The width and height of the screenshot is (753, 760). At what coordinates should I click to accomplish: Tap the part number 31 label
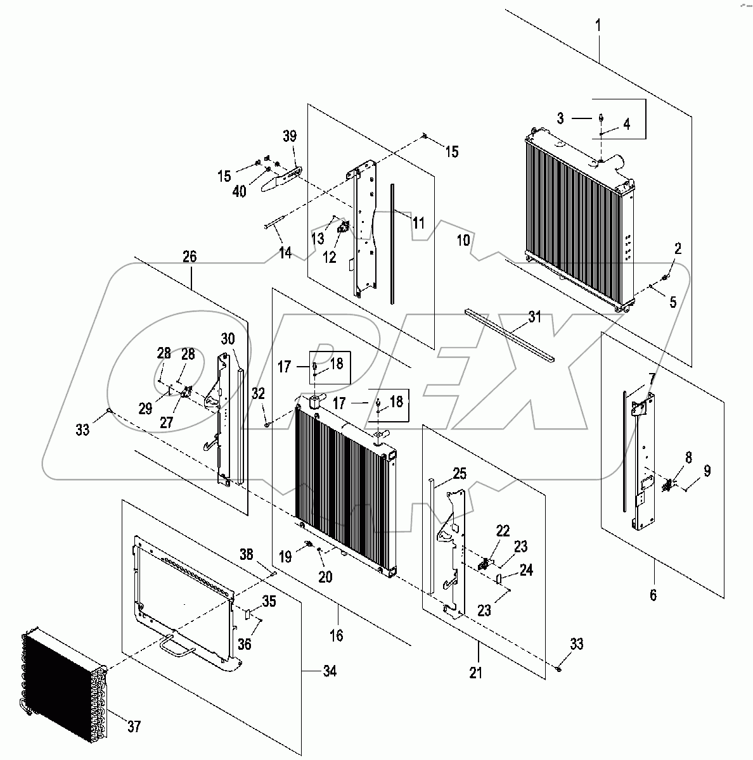[x=535, y=317]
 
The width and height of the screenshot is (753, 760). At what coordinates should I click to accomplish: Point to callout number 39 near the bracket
[x=289, y=137]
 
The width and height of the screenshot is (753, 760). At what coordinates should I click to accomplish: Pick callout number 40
[x=239, y=191]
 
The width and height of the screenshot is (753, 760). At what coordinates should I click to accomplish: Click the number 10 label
[x=463, y=240]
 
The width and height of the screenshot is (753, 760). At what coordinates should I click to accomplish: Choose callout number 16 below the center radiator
[x=337, y=635]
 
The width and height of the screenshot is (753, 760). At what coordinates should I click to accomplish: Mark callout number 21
[x=475, y=673]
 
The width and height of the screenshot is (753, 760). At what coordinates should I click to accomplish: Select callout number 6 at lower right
[x=653, y=595]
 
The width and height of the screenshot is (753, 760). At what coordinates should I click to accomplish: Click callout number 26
[x=190, y=256]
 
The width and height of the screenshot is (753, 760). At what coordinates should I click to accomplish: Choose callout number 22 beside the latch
[x=503, y=529]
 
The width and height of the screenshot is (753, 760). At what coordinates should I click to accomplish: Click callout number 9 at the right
[x=707, y=471]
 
